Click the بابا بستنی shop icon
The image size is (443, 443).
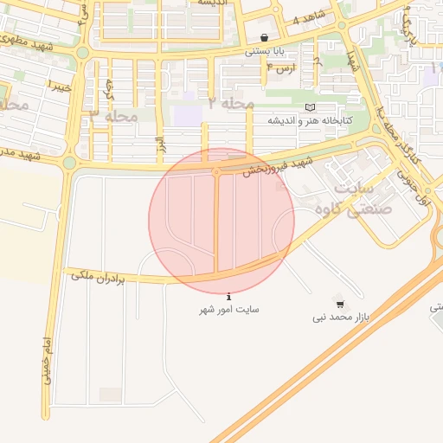pos(264,37)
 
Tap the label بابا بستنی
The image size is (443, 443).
pos(264,51)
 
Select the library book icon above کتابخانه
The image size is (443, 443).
pos(311,106)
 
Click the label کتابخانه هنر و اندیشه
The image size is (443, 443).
pos(310,120)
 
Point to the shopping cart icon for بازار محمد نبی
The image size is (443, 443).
pos(340,305)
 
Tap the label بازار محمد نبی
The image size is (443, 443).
pos(341,318)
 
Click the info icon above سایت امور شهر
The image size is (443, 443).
pos(228,296)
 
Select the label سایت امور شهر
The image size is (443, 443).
pos(229,309)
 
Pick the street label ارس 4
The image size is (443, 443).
pos(281,66)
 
